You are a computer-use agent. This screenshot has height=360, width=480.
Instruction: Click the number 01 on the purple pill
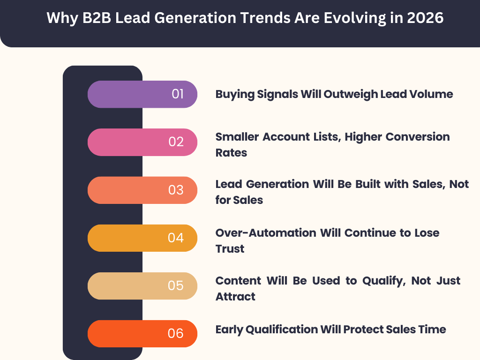pyautogui.click(x=178, y=94)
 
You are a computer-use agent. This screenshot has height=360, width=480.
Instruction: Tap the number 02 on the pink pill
pyautogui.click(x=176, y=142)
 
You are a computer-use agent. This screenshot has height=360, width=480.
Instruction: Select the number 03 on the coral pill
pyautogui.click(x=176, y=190)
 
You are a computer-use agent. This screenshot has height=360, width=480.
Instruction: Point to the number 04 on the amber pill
pyautogui.click(x=176, y=238)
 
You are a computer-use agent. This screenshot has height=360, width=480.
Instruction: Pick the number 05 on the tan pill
pyautogui.click(x=176, y=286)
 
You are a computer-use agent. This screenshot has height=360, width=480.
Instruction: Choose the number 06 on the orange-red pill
pyautogui.click(x=176, y=334)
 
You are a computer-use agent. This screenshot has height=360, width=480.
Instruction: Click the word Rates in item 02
pyautogui.click(x=231, y=153)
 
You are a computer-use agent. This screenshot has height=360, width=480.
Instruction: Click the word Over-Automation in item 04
pyautogui.click(x=266, y=232)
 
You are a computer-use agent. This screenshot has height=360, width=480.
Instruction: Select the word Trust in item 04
pyautogui.click(x=230, y=248)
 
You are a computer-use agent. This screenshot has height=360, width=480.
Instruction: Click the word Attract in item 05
pyautogui.click(x=235, y=297)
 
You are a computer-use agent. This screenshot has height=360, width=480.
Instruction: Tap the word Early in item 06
pyautogui.click(x=230, y=330)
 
